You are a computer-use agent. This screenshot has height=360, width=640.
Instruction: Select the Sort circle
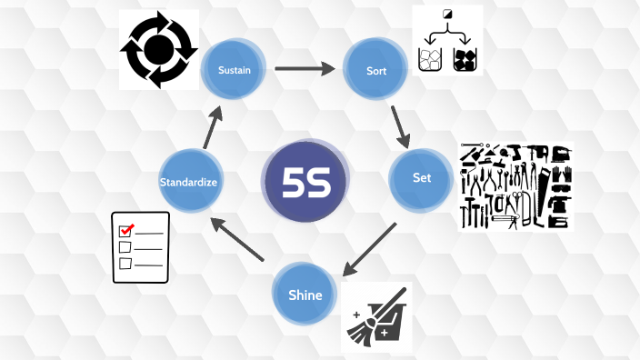click(x=372, y=69)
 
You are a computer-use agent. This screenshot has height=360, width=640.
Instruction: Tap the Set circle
click(x=421, y=178)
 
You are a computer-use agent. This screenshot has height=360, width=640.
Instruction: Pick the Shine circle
click(x=305, y=294)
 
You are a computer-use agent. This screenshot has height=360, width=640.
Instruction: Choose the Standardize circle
click(x=188, y=182)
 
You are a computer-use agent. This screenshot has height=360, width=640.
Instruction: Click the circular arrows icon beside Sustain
click(x=159, y=50)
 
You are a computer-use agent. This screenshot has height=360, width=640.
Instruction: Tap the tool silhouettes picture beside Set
click(x=515, y=185)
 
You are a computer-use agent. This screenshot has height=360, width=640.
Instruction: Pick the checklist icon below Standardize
click(x=141, y=246)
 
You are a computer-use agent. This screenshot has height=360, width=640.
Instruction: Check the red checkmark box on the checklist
click(x=127, y=228)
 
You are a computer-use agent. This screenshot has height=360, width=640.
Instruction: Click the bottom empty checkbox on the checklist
click(x=126, y=264)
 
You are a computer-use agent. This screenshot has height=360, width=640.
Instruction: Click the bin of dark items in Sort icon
click(x=465, y=60)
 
